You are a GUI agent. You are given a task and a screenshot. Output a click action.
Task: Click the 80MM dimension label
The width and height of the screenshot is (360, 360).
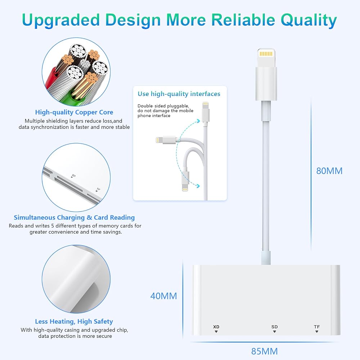click(329, 171)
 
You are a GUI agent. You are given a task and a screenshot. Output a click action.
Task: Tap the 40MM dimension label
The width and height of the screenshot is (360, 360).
click(163, 296)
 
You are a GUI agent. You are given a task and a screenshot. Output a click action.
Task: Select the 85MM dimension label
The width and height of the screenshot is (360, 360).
click(265, 351)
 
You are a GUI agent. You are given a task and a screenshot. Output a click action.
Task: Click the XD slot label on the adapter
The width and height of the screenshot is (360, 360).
click(216, 327)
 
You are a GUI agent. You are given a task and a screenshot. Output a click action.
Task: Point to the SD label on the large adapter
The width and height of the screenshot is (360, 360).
click(274, 327)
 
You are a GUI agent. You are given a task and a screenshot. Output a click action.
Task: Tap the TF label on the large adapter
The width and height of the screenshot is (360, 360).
click(317, 327)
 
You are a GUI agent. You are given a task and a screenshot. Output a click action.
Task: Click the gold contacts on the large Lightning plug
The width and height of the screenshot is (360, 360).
click(266, 54)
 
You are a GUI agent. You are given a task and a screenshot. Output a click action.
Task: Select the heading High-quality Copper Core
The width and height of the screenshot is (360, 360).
click(74, 112)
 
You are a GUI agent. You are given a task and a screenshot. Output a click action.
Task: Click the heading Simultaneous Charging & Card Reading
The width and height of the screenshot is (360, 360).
click(74, 217)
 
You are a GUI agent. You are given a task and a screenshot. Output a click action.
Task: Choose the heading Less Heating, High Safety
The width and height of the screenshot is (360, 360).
click(74, 321)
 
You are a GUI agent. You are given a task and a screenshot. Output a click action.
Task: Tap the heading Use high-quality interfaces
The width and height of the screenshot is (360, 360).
click(179, 94)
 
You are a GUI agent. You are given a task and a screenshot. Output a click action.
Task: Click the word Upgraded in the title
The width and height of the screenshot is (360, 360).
click(61, 20)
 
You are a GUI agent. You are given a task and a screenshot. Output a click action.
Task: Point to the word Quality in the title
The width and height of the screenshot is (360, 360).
click(309, 20)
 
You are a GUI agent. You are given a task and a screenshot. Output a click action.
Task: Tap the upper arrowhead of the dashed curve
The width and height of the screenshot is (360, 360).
click(198, 121)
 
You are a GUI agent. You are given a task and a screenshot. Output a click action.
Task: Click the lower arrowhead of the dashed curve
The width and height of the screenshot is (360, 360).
click(198, 186)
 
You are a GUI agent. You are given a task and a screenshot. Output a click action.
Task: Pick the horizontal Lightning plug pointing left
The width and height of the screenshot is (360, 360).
click(166, 140)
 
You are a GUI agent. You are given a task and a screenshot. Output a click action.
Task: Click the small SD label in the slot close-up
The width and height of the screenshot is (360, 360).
click(73, 176)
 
